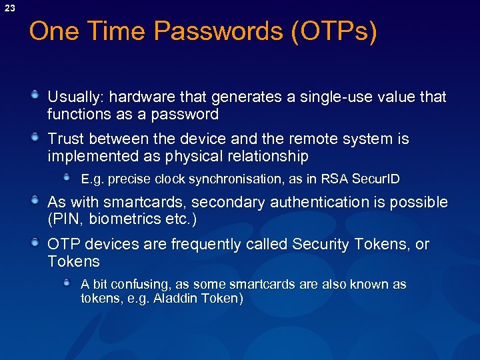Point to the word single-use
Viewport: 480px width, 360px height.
[x=327, y=97]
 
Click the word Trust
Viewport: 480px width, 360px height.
[x=65, y=139]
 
